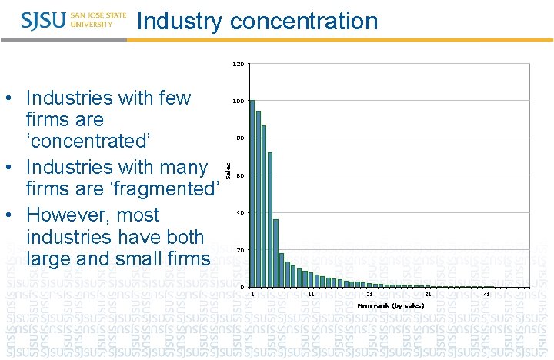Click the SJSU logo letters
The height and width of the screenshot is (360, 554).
[x=44, y=20]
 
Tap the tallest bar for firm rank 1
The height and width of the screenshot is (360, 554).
[x=252, y=193]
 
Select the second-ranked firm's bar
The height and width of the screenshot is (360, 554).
[x=258, y=198]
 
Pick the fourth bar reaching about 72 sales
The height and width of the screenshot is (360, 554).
[x=270, y=219]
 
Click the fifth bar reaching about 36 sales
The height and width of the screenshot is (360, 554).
[x=275, y=253]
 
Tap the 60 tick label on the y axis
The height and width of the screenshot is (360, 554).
[x=240, y=176]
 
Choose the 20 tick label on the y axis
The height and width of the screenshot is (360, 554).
[x=240, y=251]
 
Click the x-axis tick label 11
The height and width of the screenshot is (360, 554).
[x=311, y=295]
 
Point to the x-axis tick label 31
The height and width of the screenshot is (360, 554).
[x=428, y=295]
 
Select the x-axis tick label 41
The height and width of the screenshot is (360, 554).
[x=486, y=295]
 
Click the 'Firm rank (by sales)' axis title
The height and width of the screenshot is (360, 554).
[x=390, y=305]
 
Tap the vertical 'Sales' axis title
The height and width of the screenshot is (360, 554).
[x=228, y=160]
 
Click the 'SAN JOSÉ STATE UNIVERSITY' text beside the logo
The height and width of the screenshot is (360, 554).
[x=98, y=20]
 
